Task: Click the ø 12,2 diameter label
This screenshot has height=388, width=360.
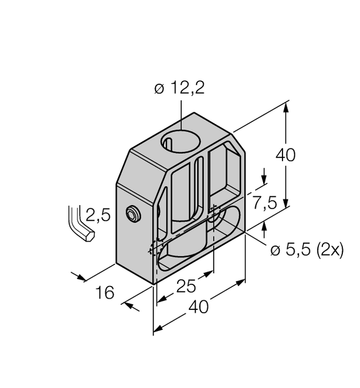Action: click(x=179, y=88)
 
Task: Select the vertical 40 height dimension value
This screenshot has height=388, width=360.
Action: click(x=285, y=156)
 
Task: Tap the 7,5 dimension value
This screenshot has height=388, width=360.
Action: click(x=264, y=203)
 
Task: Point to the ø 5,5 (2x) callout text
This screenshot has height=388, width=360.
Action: click(x=307, y=251)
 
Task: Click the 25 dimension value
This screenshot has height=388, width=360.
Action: click(x=187, y=286)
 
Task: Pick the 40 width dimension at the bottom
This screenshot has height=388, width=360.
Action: click(x=199, y=307)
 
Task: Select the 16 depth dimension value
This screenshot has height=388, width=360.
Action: click(x=105, y=292)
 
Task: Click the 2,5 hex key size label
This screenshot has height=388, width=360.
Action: click(x=98, y=215)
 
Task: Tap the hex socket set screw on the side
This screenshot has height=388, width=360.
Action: click(x=133, y=213)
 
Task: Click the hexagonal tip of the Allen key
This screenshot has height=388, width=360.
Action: click(x=89, y=236)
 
